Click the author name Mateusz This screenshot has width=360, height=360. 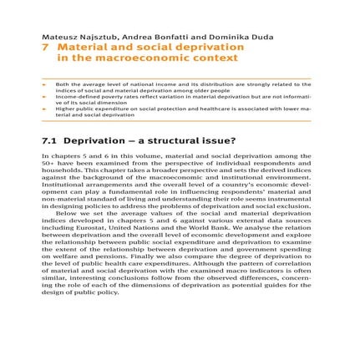point(63,38)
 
